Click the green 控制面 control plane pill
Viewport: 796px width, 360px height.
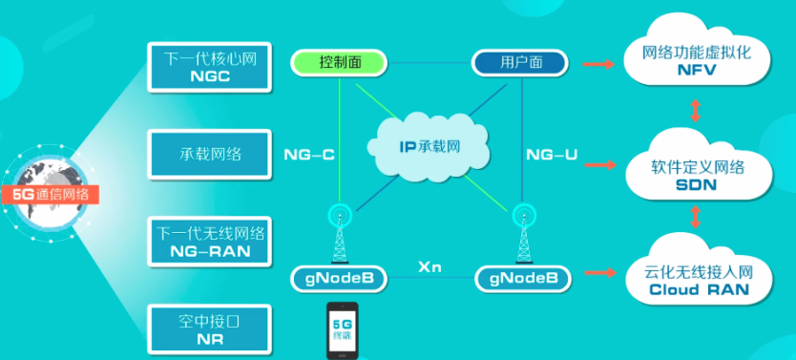[x=338, y=63]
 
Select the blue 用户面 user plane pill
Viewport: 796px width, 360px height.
[x=521, y=63]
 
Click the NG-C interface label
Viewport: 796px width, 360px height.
[x=308, y=153]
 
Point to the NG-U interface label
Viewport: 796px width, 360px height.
[x=552, y=153]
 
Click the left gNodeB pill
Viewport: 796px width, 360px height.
[x=339, y=279]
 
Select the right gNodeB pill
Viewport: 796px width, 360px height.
[x=523, y=279]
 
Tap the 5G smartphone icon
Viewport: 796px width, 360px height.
[x=341, y=330]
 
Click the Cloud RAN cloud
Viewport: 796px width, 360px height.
[x=696, y=280]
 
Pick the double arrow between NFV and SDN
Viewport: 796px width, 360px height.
[x=696, y=111]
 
